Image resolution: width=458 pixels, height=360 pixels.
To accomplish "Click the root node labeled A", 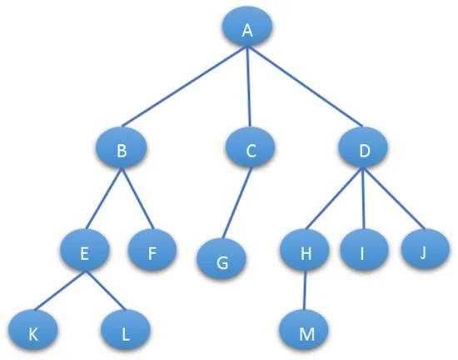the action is [247, 26].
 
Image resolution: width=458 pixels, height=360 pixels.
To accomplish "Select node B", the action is [122, 147].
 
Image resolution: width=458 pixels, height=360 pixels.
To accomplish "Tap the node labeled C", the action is [251, 147].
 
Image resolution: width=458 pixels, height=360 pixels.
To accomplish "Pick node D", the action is [363, 147].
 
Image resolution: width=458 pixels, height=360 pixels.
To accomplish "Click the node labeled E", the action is [85, 250].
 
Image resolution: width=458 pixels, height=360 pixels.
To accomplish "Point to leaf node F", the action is [152, 250].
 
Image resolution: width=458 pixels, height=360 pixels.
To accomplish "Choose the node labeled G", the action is [222, 259].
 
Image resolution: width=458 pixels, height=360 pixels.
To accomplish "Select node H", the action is [305, 250].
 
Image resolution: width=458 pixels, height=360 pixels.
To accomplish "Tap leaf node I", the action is [364, 249].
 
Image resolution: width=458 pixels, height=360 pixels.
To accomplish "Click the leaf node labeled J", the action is [426, 249].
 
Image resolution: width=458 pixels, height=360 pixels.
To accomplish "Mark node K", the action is [32, 330].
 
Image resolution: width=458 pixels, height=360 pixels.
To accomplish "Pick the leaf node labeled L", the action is [125, 330].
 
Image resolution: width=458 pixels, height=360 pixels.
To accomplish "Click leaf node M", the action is [303, 330].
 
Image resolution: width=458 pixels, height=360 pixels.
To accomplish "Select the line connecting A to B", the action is [185, 87].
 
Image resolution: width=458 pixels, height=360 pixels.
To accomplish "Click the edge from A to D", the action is [305, 87].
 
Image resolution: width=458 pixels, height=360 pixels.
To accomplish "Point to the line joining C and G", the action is [236, 202].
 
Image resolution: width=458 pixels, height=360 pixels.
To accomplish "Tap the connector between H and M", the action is [304, 290].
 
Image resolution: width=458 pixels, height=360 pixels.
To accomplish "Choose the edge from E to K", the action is [60, 291].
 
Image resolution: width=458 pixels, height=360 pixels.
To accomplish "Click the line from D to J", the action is [393, 198].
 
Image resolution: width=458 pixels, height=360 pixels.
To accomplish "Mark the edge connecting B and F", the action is [137, 198].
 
